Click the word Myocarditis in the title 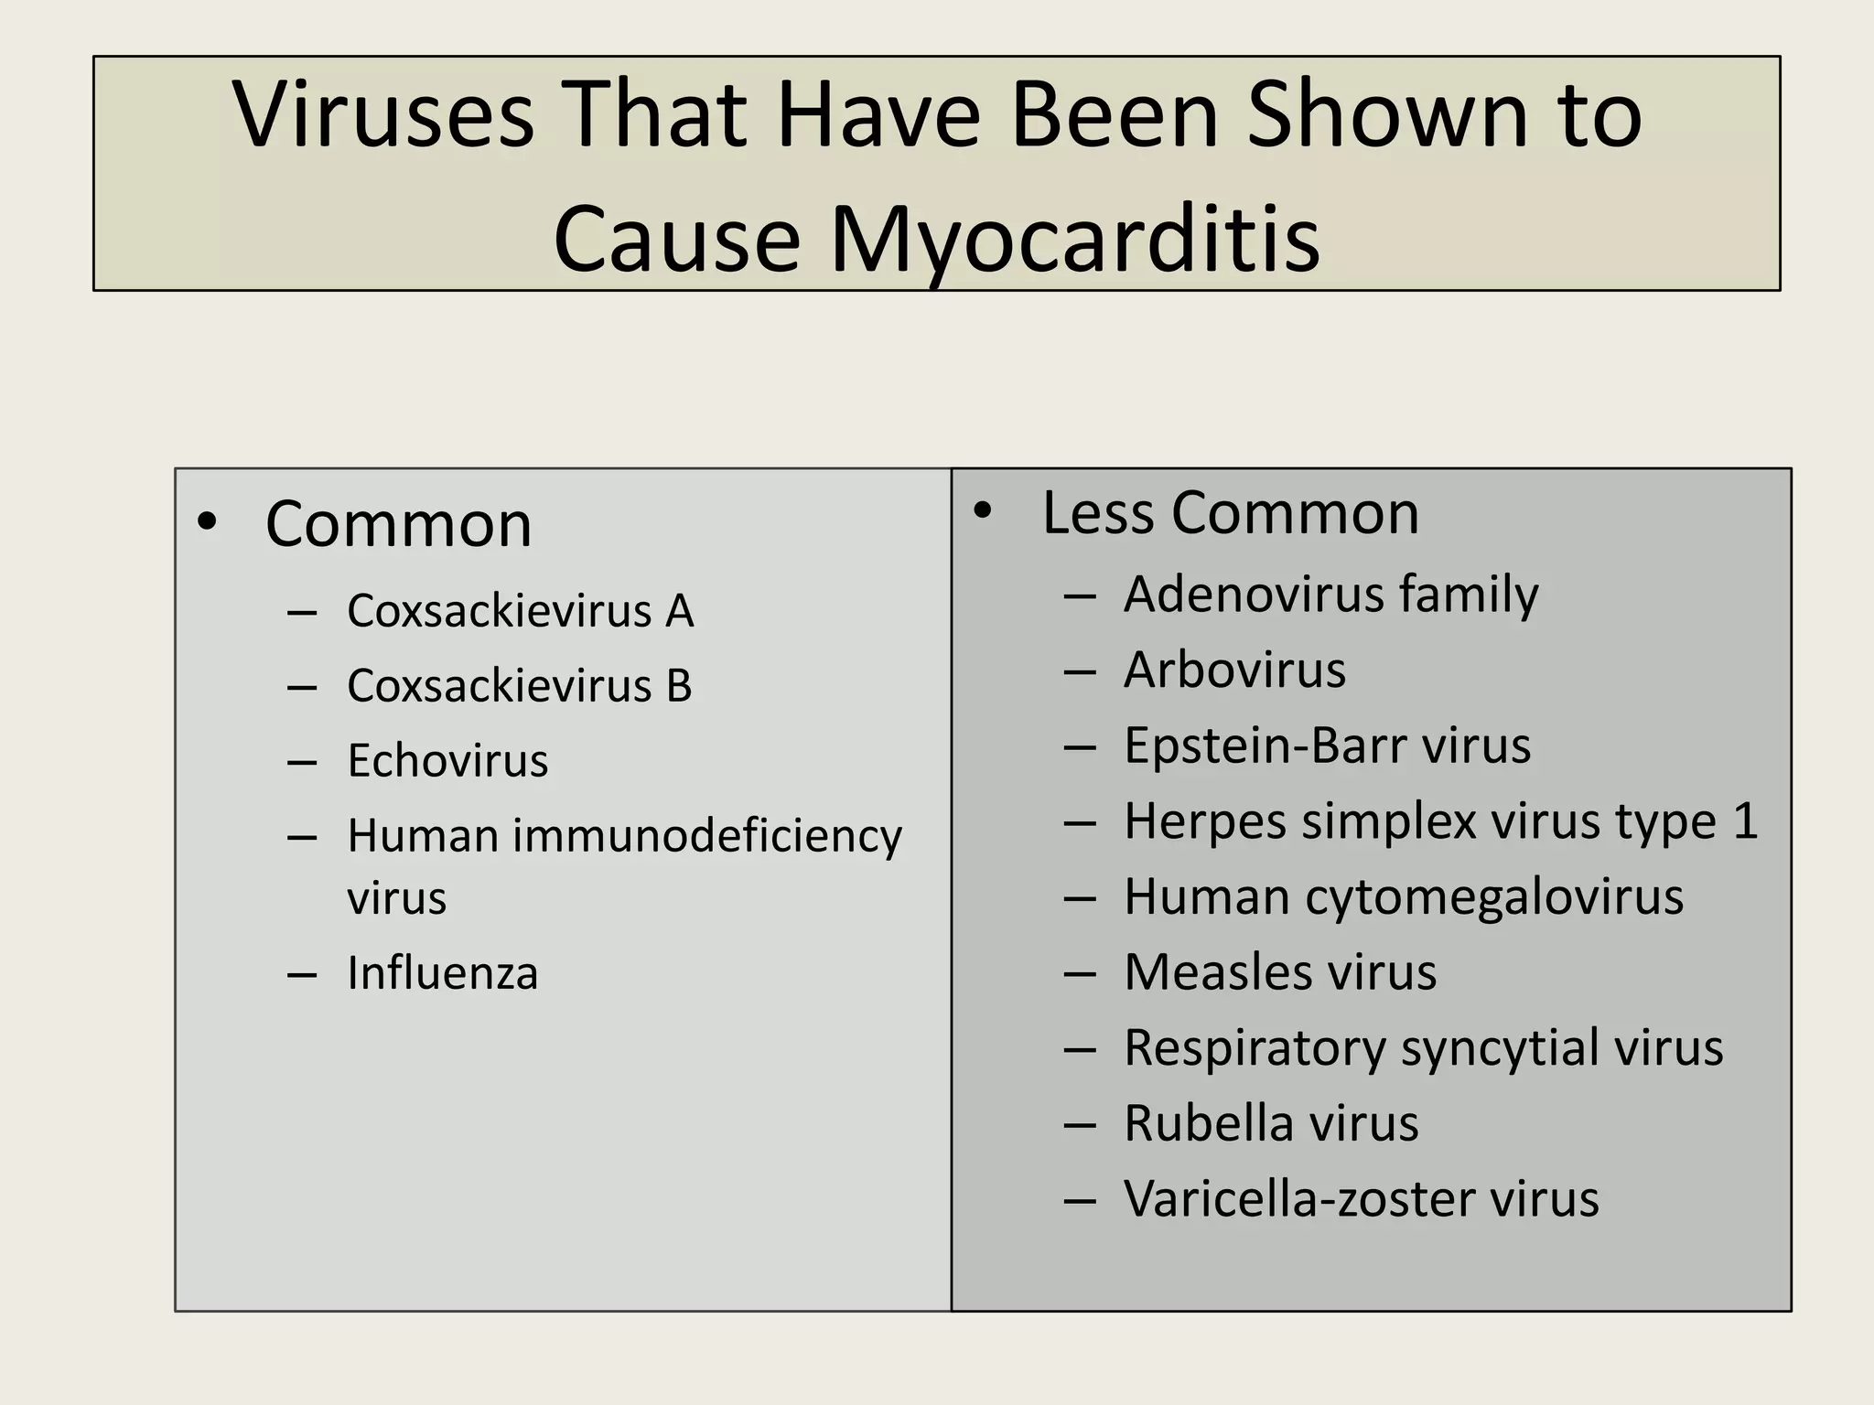click(x=1074, y=240)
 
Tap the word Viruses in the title click(x=383, y=116)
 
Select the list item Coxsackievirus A click(x=520, y=611)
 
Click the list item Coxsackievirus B click(x=519, y=686)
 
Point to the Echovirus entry click(x=447, y=761)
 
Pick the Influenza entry click(x=442, y=973)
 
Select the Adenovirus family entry click(x=1330, y=595)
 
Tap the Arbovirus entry click(x=1234, y=670)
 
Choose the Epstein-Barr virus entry click(x=1327, y=745)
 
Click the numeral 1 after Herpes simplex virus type click(x=1745, y=820)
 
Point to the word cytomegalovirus click(x=1494, y=896)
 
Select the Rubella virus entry click(x=1270, y=1123)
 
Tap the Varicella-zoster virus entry click(x=1361, y=1199)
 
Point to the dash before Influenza click(x=301, y=975)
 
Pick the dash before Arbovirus click(x=1080, y=672)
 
